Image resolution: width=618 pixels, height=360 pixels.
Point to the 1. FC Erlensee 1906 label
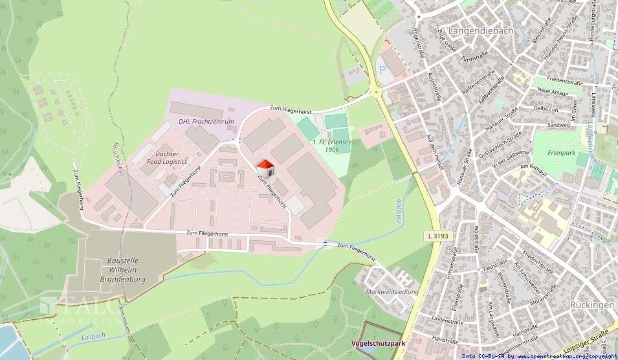[326, 145]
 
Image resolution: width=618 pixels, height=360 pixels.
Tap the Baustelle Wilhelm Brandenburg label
[123, 269]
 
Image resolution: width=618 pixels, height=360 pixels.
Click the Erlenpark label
[562, 155]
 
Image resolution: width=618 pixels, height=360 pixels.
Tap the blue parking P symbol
[382, 69]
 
